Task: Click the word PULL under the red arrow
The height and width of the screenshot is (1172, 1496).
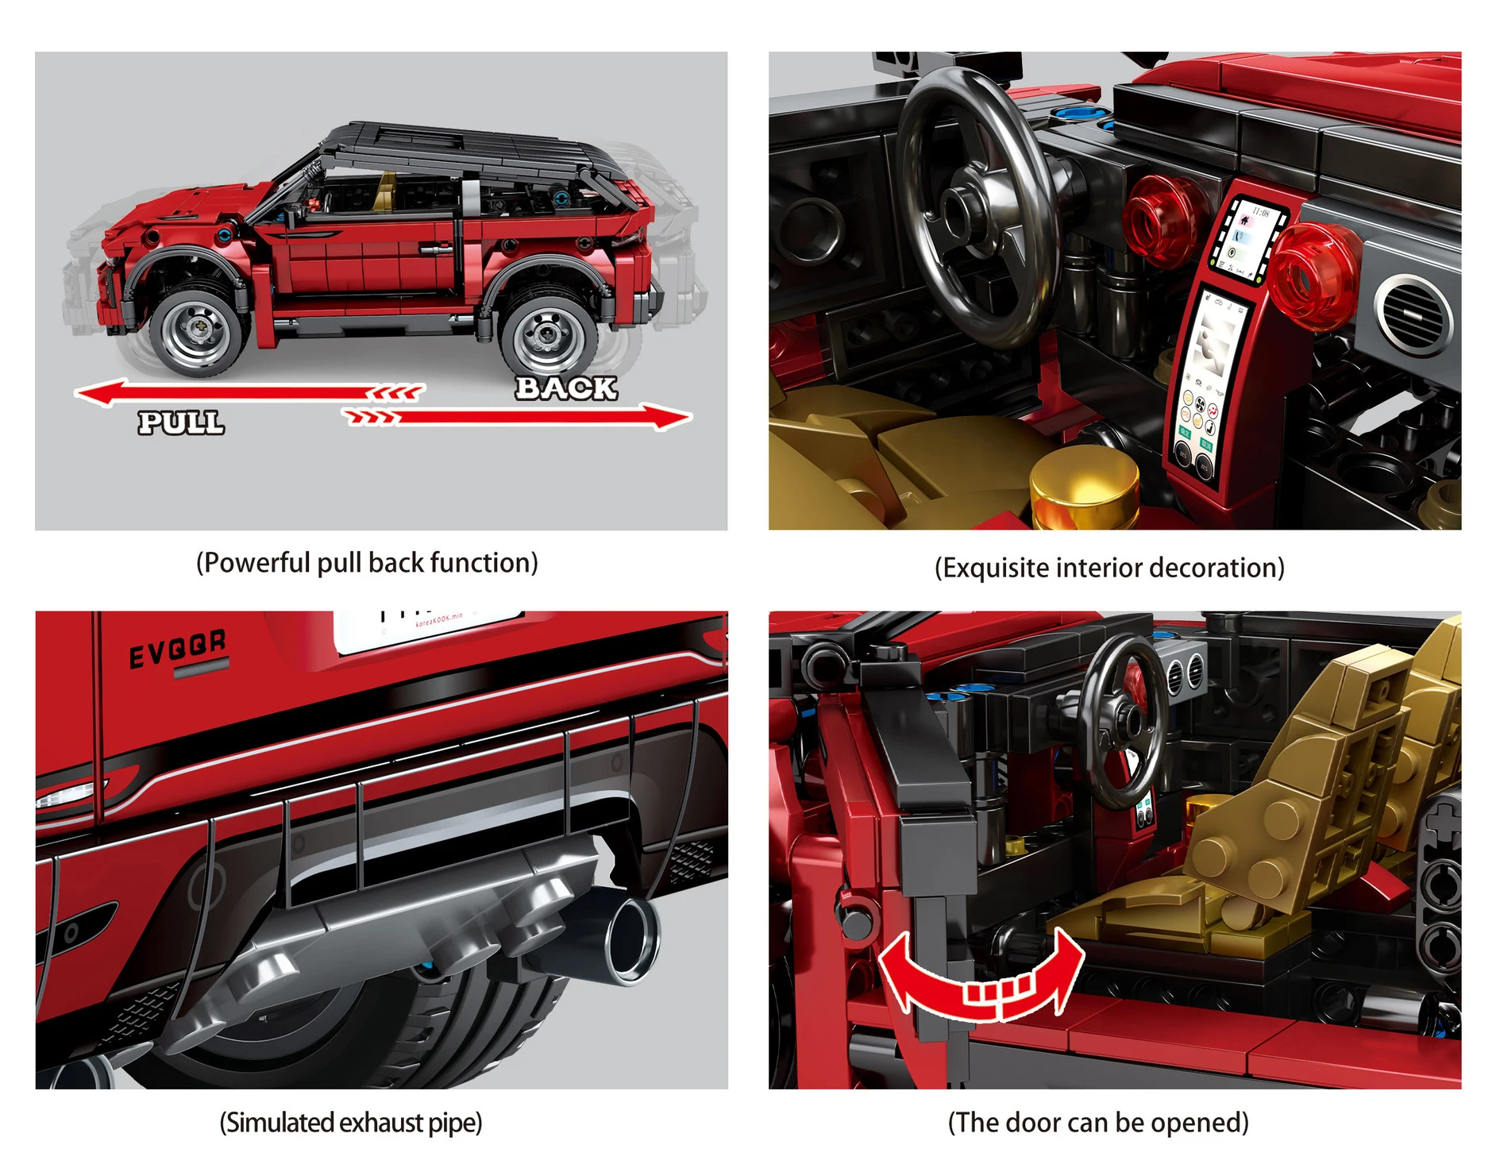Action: click(181, 422)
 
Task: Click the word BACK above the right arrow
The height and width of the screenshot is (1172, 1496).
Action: click(565, 387)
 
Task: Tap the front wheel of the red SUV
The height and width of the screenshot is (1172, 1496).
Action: click(196, 330)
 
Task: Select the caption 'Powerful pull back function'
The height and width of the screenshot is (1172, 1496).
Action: click(367, 563)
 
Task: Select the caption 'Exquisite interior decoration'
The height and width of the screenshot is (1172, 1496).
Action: click(1109, 568)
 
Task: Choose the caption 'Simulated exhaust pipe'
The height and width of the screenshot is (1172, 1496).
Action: click(350, 1123)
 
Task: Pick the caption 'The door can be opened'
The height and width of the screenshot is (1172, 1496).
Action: click(1098, 1123)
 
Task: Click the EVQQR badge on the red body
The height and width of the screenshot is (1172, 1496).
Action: click(178, 650)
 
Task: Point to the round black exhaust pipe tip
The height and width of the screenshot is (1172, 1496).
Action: click(631, 937)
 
